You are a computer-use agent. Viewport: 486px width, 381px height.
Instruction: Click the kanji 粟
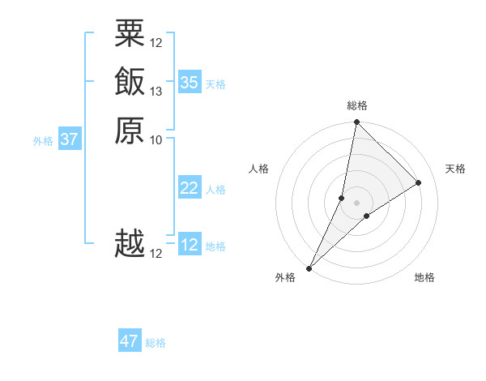coord(130,34)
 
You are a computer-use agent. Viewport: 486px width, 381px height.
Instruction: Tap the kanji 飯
coord(130,82)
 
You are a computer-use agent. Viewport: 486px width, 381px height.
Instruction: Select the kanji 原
coord(130,130)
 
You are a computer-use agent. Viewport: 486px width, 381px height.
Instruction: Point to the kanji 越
coord(130,244)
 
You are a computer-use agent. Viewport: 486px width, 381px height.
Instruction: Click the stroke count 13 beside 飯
coord(156,92)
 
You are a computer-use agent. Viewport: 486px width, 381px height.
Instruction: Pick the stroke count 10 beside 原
coord(156,139)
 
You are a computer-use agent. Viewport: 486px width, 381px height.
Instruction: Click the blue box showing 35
coord(190,82)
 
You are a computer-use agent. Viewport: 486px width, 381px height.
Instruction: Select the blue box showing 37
coord(70,139)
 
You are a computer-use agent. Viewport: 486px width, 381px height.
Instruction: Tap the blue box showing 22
coord(190,188)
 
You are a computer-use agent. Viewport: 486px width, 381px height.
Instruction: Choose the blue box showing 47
coord(130,341)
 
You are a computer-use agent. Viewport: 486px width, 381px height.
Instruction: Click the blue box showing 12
coord(190,245)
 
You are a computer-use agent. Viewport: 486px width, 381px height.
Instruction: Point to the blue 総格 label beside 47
coord(156,343)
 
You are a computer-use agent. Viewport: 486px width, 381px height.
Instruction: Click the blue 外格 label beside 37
coord(43,140)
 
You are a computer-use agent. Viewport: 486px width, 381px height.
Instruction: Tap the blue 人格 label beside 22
coord(215,190)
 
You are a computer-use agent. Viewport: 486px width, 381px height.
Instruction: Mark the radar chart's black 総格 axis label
coord(356,105)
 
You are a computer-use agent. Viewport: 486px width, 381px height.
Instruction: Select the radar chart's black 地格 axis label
coord(424,278)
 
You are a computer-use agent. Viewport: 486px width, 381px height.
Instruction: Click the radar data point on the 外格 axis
coord(309,268)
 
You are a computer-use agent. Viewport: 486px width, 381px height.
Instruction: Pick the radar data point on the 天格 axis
coord(419,182)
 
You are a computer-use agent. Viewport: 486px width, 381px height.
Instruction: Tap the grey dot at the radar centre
coord(356,203)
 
